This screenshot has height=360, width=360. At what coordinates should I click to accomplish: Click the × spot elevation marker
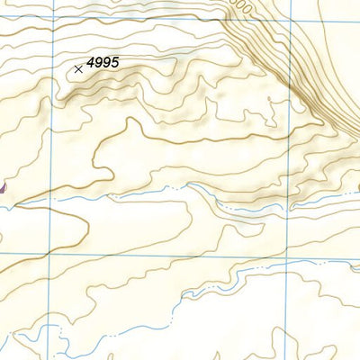click(79, 67)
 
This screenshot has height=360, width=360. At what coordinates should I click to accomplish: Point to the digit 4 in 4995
click(91, 64)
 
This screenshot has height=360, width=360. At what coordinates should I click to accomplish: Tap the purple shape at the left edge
click(3, 187)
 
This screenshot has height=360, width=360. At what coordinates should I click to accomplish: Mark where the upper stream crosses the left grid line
click(52, 198)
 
